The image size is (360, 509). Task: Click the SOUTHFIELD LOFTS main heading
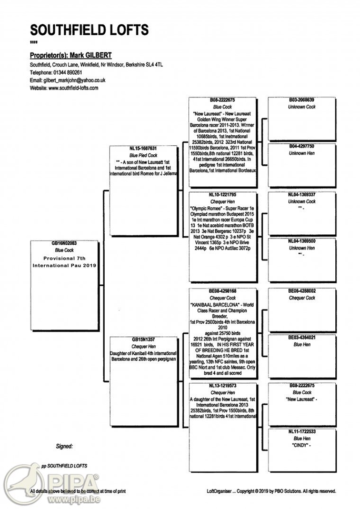coord(89,29)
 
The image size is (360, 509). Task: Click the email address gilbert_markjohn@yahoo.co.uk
coord(75,80)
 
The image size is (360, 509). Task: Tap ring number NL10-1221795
coord(222,195)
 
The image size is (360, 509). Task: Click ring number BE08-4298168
coord(222,291)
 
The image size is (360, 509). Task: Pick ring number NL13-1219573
coord(222,386)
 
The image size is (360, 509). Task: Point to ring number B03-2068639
coord(301,99)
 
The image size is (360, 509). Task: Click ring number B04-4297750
coord(301,146)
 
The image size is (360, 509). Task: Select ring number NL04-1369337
coord(301,195)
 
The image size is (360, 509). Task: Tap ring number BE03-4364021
coord(301,337)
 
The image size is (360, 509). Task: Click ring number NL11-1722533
coord(301,432)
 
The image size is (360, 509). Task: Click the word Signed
coord(64,446)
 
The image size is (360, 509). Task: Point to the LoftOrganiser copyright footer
coord(271,491)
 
